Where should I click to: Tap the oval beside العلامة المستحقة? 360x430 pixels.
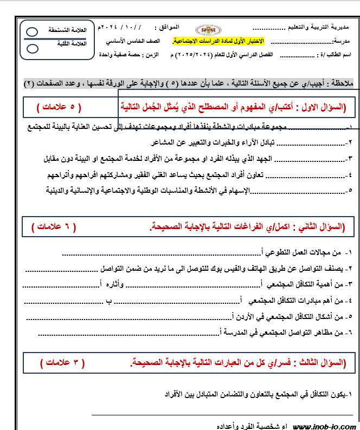[32, 32]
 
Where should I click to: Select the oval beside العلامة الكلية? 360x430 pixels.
[32, 49]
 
